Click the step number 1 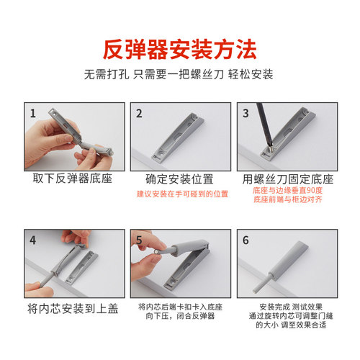point(32,113)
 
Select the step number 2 point(139,113)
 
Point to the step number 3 point(246,113)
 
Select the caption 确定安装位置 point(179,179)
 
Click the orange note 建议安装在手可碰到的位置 point(179,194)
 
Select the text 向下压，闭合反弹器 point(179,316)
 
